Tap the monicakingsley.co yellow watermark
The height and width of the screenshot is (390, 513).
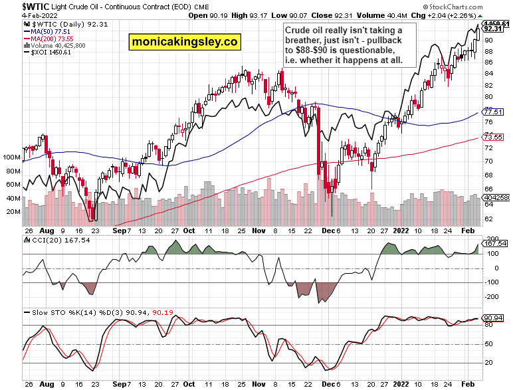tap(184, 41)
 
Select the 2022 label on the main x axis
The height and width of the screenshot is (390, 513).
tap(400, 232)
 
